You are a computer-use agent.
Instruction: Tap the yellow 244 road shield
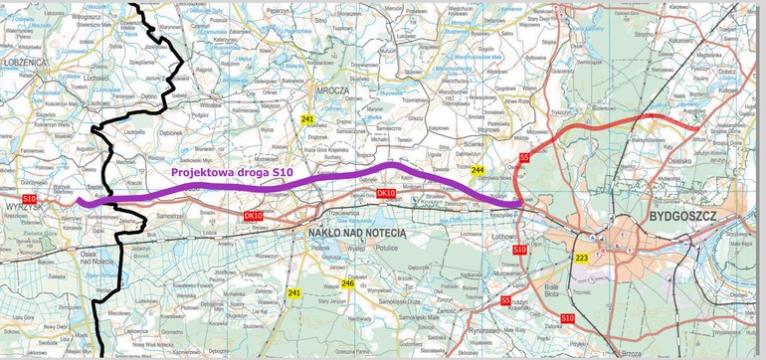(x=478, y=171)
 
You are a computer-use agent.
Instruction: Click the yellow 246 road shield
(x=347, y=283)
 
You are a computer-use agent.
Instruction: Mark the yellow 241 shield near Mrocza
(x=307, y=119)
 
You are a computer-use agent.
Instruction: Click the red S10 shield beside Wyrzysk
(x=29, y=200)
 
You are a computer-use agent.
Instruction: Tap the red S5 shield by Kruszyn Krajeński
(x=505, y=299)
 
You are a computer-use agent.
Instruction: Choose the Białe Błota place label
(x=554, y=289)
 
